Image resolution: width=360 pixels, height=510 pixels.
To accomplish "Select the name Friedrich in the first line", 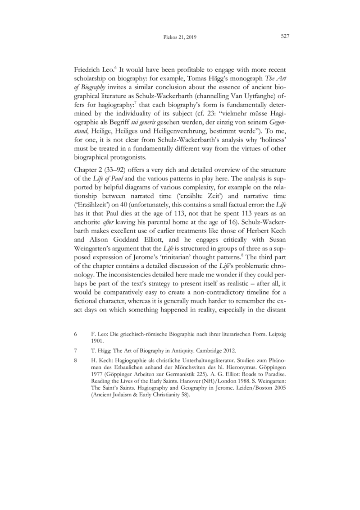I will pos(86,71).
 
